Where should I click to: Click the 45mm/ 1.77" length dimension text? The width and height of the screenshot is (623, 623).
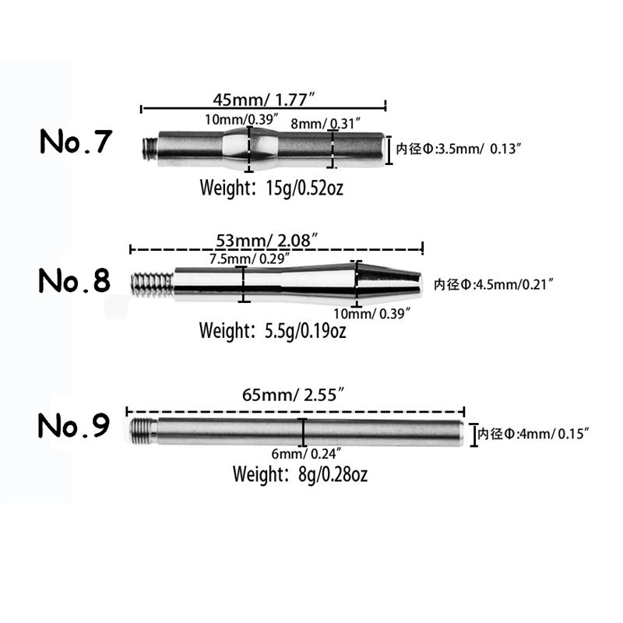coord(263,99)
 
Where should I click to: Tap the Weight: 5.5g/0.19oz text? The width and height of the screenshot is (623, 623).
coord(272,331)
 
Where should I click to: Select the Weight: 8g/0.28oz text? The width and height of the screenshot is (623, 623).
coord(301,473)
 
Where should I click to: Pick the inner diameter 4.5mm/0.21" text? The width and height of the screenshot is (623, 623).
coord(493,284)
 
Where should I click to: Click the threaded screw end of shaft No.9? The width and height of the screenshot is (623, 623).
coord(142,429)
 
